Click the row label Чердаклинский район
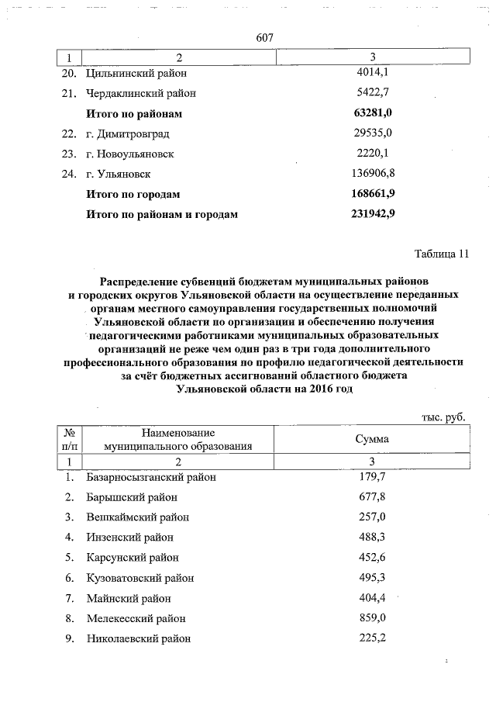click(x=141, y=94)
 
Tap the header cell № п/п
click(x=70, y=439)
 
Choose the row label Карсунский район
click(x=133, y=558)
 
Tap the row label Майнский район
click(x=129, y=598)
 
